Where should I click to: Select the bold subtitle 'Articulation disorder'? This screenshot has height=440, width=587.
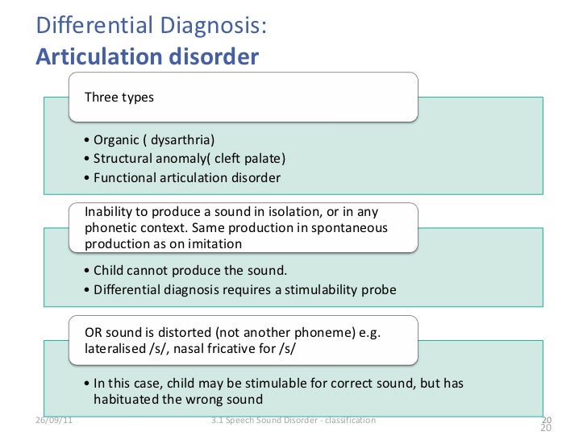[148, 56]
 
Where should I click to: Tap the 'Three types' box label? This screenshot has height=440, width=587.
[119, 98]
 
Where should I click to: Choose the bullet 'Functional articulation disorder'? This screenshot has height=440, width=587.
[187, 177]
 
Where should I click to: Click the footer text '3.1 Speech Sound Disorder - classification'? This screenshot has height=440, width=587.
[292, 421]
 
